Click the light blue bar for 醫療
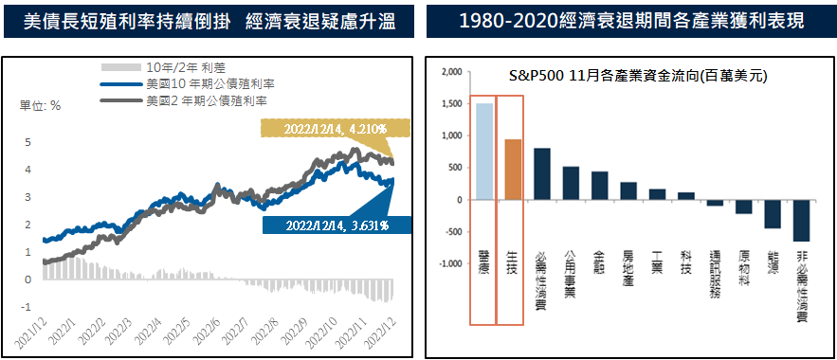point(483,152)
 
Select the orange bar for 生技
point(513,170)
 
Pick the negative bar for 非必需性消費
point(801,220)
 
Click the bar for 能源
point(773,214)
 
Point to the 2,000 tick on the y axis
point(450,71)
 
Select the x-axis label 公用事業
point(571,273)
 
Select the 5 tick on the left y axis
point(28,142)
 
